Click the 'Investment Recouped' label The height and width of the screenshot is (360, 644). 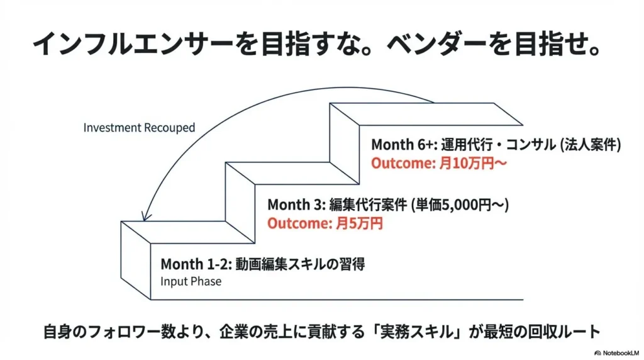(x=139, y=128)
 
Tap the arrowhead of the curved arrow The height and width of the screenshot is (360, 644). (x=145, y=216)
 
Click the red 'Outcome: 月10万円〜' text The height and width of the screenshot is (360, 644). (x=439, y=164)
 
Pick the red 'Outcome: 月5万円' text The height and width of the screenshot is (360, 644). (x=325, y=223)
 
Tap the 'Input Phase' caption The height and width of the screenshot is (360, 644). (x=191, y=281)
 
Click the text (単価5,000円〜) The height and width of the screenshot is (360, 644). (x=460, y=205)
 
